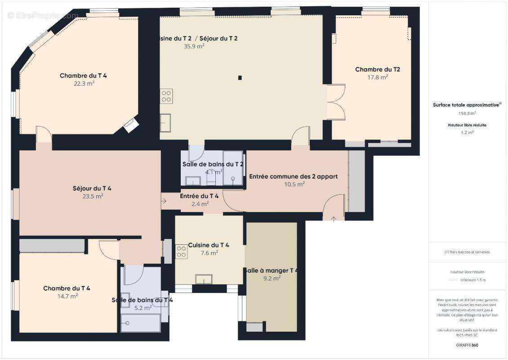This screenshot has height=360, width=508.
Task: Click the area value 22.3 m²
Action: [x=84, y=83]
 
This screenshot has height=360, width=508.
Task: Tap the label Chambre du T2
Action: [x=377, y=69]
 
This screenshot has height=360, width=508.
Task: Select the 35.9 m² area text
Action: [x=194, y=46]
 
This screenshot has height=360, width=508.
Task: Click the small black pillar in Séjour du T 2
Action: [x=240, y=78]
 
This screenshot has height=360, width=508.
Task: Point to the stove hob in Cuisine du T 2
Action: [x=166, y=96]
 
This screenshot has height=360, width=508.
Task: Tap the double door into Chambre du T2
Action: [x=335, y=102]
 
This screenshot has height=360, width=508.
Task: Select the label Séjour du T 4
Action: [x=92, y=188]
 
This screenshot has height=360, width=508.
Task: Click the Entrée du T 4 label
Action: [x=199, y=196]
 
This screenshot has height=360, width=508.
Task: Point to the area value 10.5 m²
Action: [x=294, y=184]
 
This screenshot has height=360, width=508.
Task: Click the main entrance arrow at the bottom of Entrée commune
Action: [x=334, y=219]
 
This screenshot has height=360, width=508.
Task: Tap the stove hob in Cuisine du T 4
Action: [x=181, y=252]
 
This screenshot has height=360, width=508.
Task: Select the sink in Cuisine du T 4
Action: [x=204, y=279]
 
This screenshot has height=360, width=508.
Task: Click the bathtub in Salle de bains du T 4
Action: [x=140, y=323]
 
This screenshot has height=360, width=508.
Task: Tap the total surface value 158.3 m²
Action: [x=467, y=113]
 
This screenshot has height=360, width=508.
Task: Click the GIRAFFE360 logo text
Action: [x=467, y=344]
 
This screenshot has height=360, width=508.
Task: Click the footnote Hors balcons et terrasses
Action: [x=468, y=252]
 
